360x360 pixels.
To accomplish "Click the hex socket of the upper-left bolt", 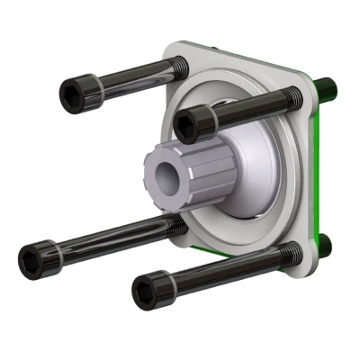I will click(x=70, y=90).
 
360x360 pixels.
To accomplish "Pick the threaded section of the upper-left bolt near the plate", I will click(x=171, y=66).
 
